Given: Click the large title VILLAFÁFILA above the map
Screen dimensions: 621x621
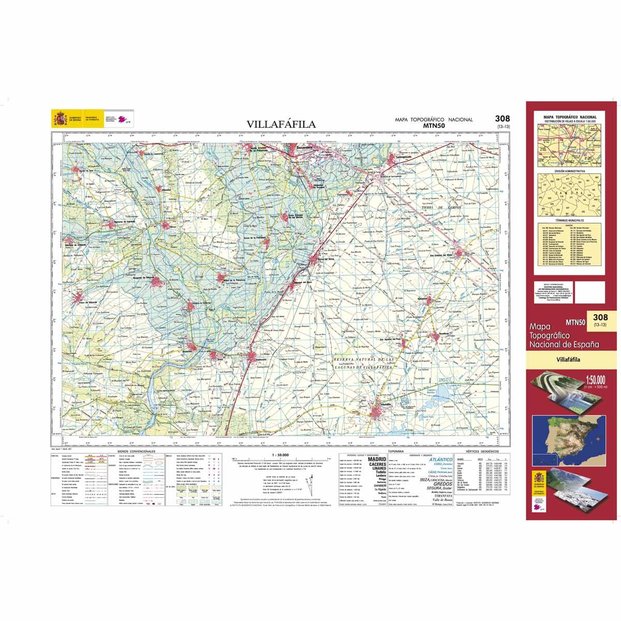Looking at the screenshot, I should (x=280, y=124).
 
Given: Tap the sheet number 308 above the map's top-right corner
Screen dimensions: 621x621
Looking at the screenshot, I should (x=502, y=119).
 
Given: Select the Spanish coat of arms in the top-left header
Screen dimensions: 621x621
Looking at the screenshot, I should (x=60, y=119).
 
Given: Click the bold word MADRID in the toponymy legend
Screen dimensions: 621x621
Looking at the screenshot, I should (x=376, y=459).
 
